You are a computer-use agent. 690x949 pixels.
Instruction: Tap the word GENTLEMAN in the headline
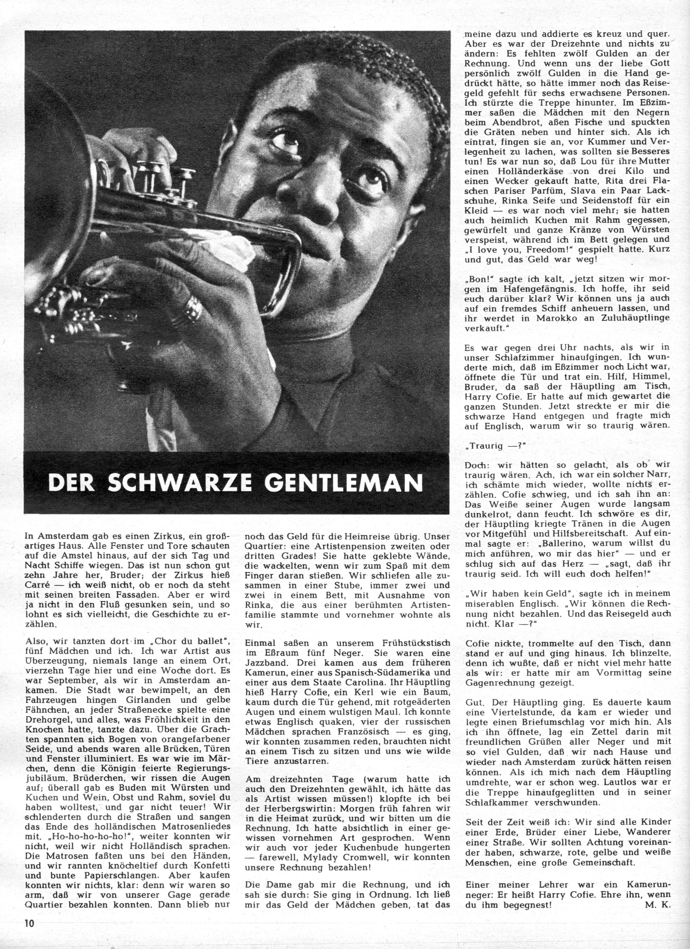point(343,482)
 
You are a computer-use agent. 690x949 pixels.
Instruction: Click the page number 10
point(29,932)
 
